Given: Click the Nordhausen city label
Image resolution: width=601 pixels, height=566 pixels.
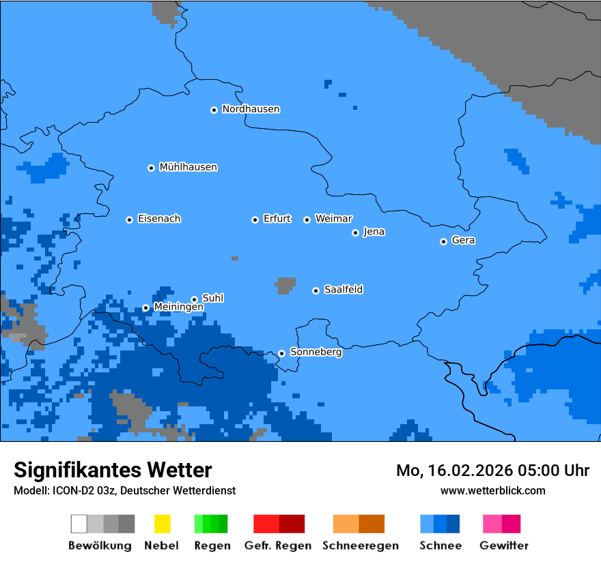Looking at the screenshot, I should click(x=251, y=109).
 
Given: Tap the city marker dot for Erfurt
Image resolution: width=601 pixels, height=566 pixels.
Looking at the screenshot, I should click(x=255, y=220).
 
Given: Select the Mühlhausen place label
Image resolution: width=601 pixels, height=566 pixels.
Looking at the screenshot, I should click(x=188, y=167).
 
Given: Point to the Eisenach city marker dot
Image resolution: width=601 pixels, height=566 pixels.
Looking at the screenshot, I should click(x=129, y=220).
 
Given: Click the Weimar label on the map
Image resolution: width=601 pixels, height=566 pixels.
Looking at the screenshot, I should click(x=333, y=219).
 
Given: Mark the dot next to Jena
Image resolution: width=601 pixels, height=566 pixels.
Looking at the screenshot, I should click(x=355, y=233).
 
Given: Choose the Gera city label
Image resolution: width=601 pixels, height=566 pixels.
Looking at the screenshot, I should click(x=463, y=241).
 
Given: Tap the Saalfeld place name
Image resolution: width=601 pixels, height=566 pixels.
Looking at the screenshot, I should click(x=343, y=290).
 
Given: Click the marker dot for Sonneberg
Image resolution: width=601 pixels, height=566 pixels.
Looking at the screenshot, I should click(x=281, y=353).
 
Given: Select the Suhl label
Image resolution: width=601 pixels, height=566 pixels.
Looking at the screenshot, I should click(x=212, y=298).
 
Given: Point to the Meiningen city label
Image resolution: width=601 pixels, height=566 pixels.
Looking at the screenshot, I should click(x=178, y=308).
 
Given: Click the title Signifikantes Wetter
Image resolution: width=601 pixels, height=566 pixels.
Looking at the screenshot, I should click(x=113, y=470).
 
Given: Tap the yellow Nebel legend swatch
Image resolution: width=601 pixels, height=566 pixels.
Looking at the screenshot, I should click(x=162, y=524).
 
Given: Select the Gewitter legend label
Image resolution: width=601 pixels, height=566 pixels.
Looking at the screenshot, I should click(x=503, y=546).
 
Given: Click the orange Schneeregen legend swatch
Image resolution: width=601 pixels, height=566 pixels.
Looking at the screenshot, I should click(x=359, y=524).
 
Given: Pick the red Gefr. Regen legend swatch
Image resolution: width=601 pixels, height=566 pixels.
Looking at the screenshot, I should click(x=279, y=524).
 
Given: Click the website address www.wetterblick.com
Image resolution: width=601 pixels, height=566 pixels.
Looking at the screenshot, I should click(x=492, y=490).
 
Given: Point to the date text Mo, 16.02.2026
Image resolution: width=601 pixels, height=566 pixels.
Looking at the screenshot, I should click(x=455, y=471).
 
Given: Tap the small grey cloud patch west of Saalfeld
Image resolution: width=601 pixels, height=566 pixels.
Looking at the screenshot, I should click(x=286, y=286).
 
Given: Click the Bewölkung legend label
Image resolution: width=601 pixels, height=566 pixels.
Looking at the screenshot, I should click(x=100, y=546).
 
